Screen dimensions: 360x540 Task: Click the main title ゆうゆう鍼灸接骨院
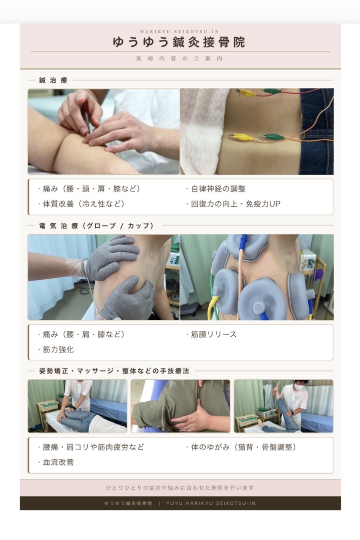coord(179,42)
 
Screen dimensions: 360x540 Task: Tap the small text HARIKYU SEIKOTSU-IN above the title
coord(180,32)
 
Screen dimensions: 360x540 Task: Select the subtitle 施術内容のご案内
coord(179,59)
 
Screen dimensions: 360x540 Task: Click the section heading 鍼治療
coord(53,80)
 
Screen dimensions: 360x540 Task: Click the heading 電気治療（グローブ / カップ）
coord(96,226)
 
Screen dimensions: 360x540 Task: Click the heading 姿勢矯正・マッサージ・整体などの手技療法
coord(114,371)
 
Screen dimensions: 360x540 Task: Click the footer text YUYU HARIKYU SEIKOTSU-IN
coord(210,504)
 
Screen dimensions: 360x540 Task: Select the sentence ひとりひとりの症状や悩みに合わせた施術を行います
coord(180,488)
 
